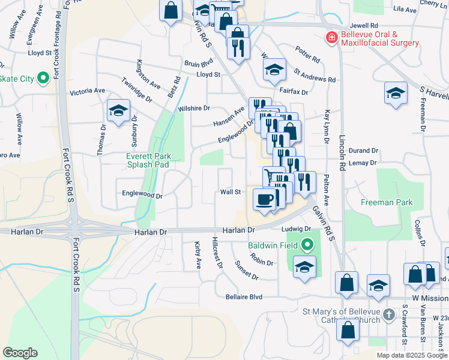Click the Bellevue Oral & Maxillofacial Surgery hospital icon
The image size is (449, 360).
[330, 38]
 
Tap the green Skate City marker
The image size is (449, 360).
[43, 78]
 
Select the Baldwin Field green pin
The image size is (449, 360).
[307, 245]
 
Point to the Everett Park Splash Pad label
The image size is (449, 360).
[148, 160]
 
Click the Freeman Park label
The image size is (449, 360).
[387, 202]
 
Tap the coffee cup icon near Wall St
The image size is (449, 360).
[264, 199]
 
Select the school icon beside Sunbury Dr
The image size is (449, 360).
[118, 110]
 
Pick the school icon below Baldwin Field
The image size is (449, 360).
[305, 268]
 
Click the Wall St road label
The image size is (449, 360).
[230, 192]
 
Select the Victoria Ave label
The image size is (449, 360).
[87, 91]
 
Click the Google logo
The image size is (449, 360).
[20, 353]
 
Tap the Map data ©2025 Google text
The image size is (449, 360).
[411, 355]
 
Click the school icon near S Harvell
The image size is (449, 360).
[396, 92]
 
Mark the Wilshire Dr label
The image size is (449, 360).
[194, 109]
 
